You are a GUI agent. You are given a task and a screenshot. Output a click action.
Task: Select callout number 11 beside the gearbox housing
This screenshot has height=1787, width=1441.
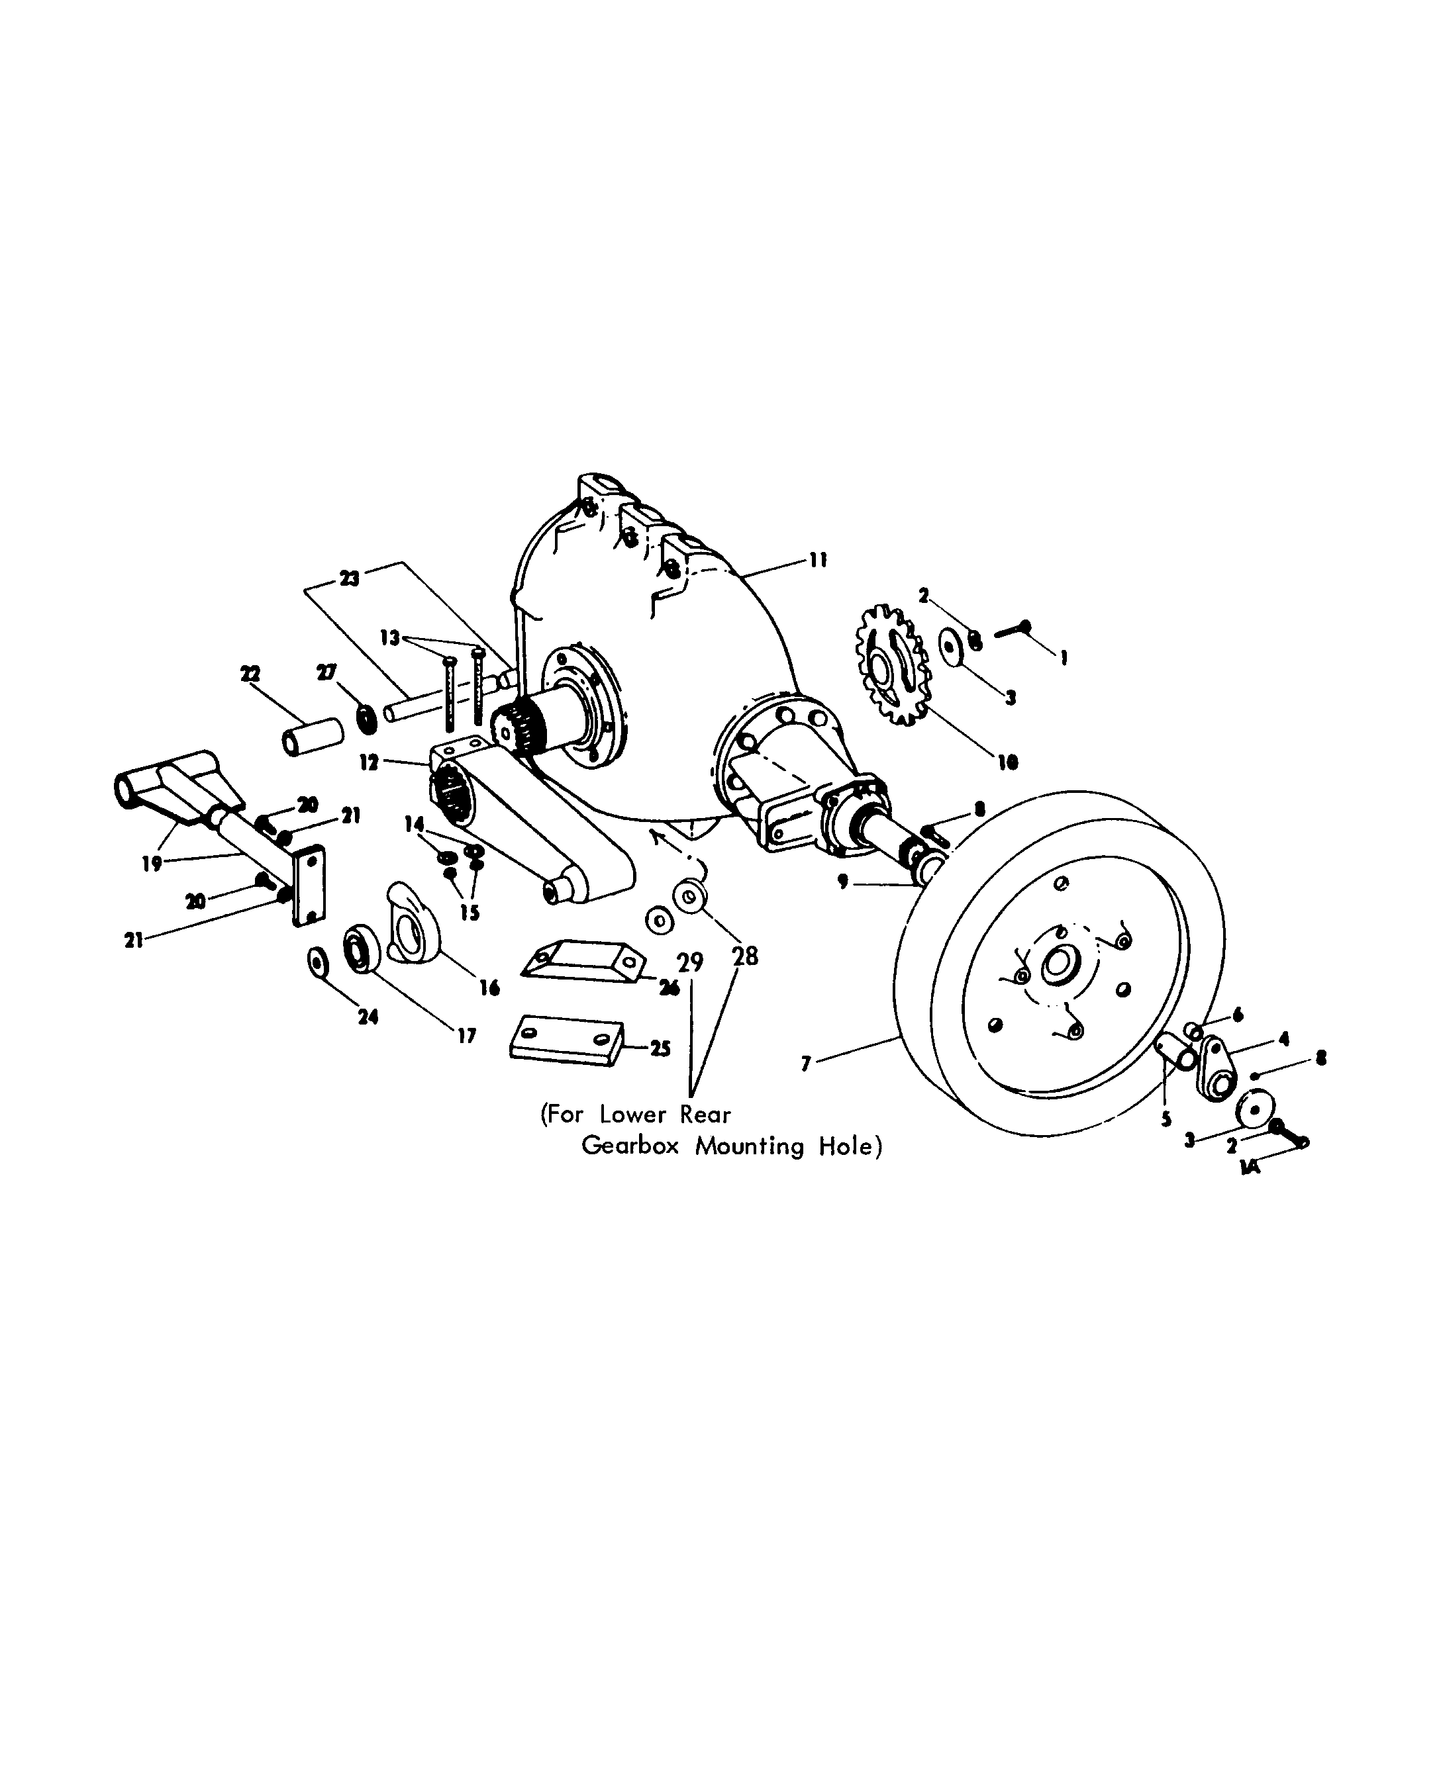[818, 562]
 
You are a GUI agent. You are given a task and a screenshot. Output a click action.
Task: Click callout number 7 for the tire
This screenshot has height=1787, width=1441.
[805, 1064]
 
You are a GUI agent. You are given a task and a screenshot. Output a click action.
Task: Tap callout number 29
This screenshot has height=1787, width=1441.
[690, 962]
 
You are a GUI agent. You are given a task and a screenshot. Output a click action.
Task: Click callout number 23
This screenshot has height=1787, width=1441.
[350, 578]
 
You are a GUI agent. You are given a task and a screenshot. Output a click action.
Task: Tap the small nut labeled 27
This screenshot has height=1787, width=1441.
[366, 719]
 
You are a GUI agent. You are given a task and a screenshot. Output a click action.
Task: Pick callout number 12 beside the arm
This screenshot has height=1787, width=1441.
[369, 762]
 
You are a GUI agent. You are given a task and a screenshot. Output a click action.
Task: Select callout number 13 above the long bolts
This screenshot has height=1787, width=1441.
[389, 638]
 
